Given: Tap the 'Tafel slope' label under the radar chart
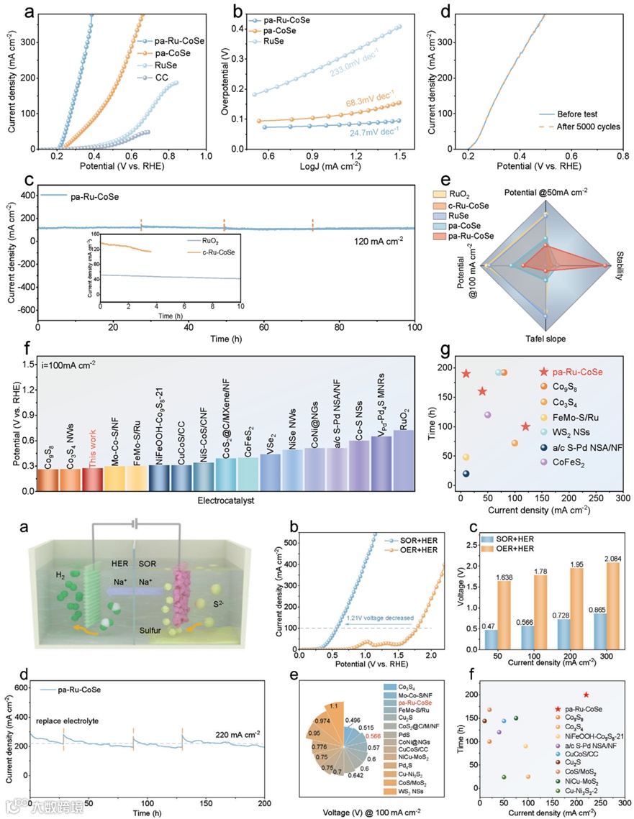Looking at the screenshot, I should click(x=546, y=337).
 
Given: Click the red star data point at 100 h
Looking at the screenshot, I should click(x=526, y=427).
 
